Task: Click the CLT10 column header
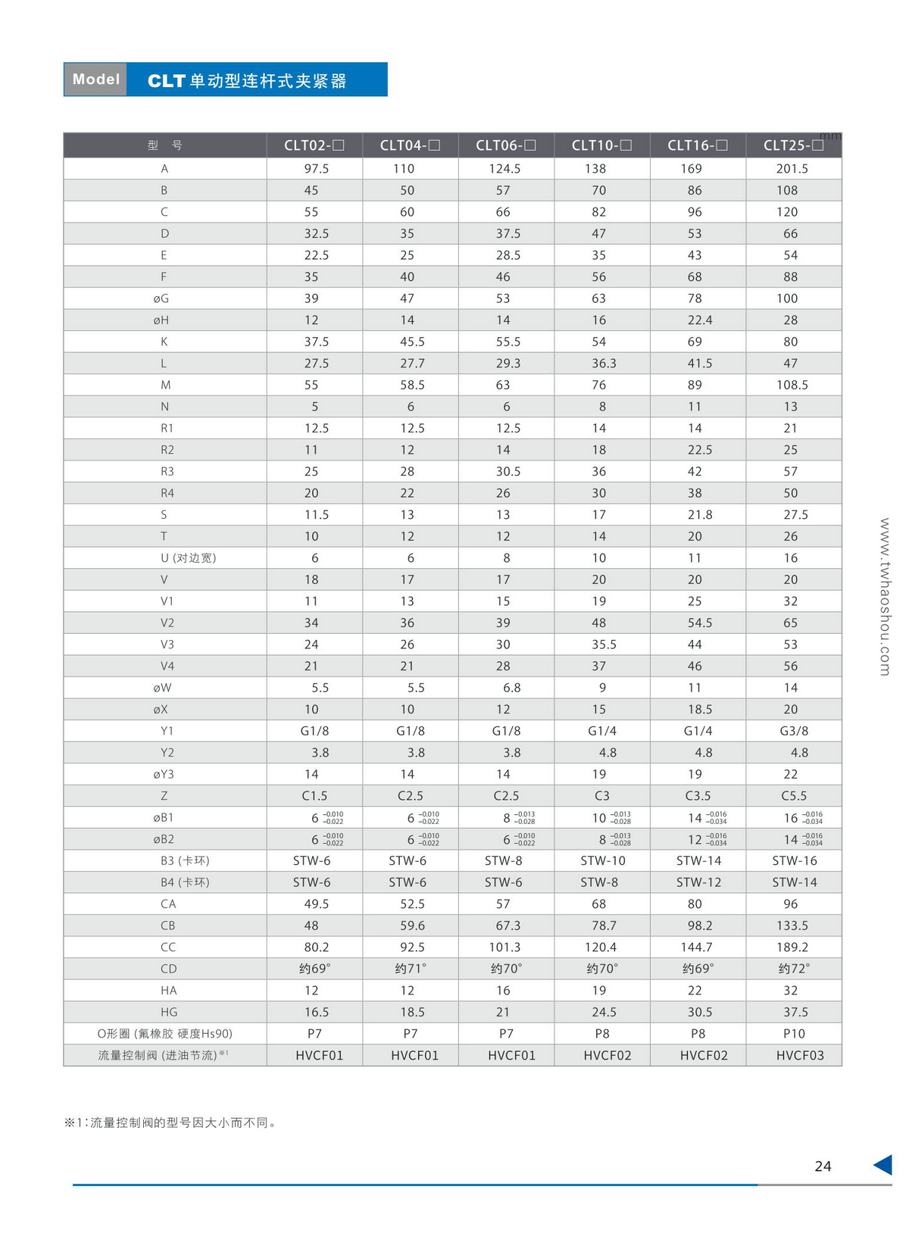coord(601,145)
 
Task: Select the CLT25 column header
coord(793,145)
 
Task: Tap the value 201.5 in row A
coord(792,169)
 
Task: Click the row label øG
coord(161,298)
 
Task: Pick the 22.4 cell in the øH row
coord(699,320)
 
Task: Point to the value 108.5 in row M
coord(792,385)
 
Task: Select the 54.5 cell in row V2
coord(699,623)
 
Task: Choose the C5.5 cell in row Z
coord(794,796)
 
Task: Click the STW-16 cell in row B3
coord(795,861)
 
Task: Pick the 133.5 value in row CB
coord(792,926)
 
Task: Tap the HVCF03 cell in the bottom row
coord(800,1056)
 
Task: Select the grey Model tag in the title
coord(95,80)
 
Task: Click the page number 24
coord(823,1166)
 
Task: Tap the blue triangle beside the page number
coord(883,1165)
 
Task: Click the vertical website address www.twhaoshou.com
coord(885,597)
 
